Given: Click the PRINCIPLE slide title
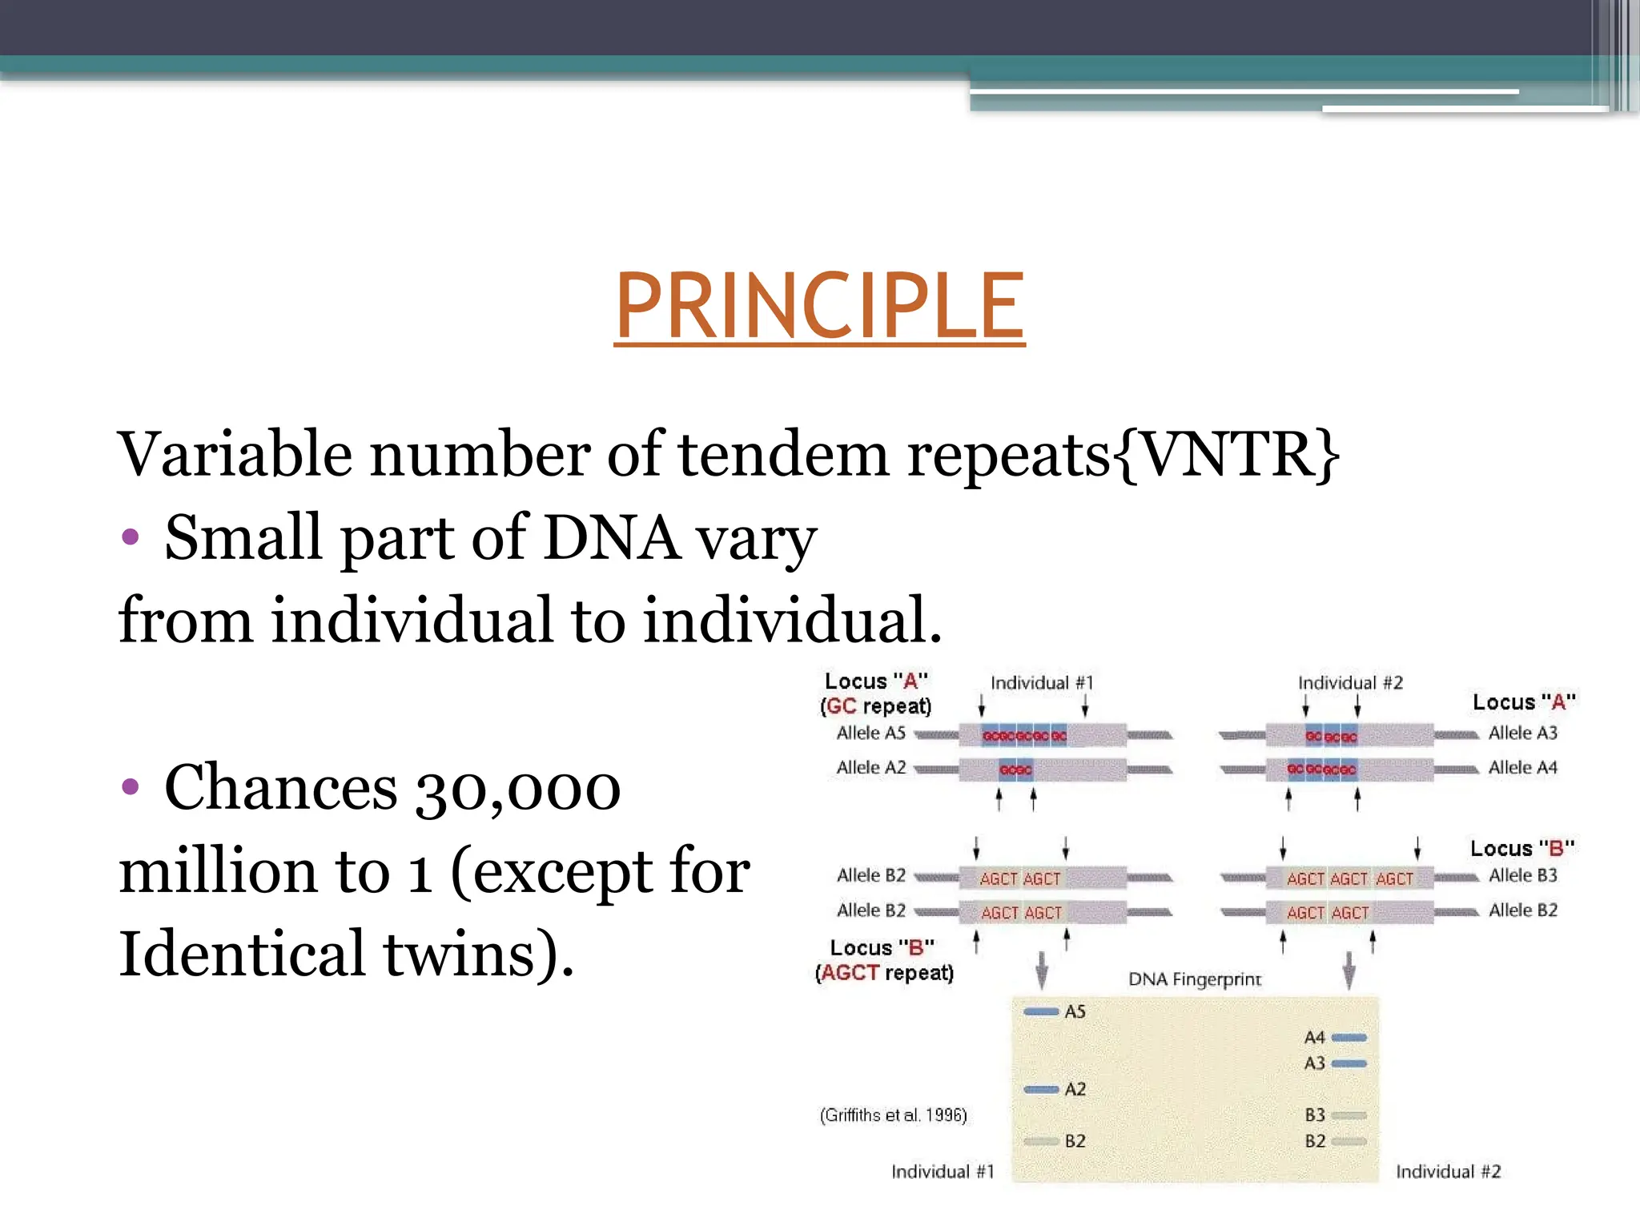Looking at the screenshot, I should [819, 306].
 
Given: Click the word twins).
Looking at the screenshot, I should [478, 955].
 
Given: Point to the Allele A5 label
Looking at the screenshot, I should [870, 734].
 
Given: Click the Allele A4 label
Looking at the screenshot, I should [1522, 768].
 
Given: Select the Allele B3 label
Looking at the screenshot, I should [1522, 876].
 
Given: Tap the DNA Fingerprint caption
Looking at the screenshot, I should [1194, 979].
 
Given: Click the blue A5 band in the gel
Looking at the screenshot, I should [1041, 1012].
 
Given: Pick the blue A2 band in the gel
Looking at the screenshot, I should [1041, 1090].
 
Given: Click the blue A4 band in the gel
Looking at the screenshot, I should [1349, 1038].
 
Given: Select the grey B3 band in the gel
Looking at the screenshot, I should [1349, 1115].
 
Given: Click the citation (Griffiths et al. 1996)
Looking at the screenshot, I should [893, 1115].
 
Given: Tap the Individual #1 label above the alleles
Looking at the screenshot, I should [1041, 683].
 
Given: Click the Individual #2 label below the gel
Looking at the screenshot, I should [1448, 1172].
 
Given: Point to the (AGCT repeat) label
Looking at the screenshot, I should [884, 973].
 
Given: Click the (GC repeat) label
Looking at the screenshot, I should [876, 706].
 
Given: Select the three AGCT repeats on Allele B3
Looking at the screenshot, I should [1349, 879].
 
